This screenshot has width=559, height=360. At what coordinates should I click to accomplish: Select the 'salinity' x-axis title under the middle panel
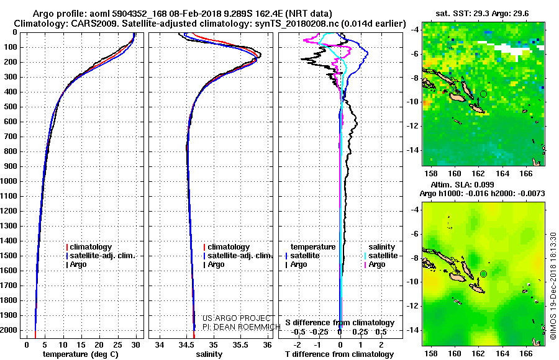coord(209,354)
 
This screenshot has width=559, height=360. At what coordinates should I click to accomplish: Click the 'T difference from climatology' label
coord(339,354)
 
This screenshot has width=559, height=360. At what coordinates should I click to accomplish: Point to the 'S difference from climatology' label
coord(340,323)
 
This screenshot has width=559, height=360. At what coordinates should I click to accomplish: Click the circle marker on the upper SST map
coord(483,94)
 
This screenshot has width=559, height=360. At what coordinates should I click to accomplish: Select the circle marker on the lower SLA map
coord(483,274)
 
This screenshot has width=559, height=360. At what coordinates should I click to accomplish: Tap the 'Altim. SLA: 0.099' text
coord(460,185)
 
